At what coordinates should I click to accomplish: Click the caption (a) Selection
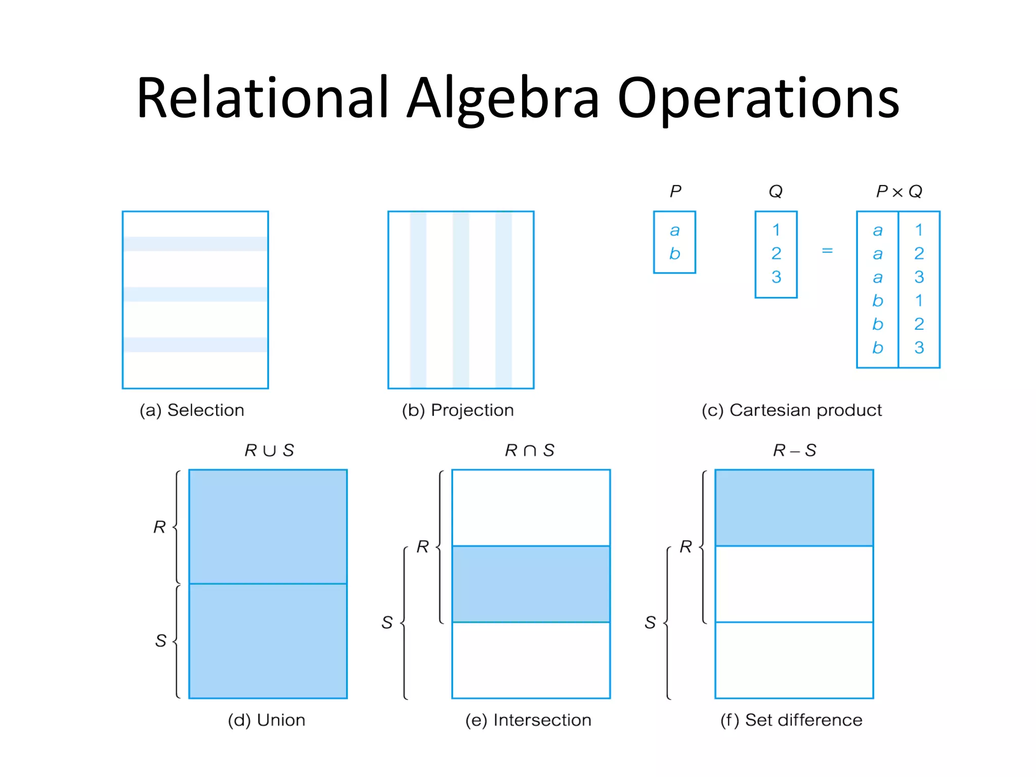192,410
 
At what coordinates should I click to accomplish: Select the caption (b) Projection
458,410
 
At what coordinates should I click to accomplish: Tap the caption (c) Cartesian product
791,410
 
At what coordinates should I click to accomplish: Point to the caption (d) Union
267,720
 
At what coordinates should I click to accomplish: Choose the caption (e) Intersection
528,720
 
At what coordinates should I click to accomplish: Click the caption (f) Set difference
791,720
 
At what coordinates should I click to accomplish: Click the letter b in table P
674,253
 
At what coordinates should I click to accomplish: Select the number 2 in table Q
776,253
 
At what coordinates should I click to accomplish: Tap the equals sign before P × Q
827,250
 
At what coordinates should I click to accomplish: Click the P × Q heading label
899,192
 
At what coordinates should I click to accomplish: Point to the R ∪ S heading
269,450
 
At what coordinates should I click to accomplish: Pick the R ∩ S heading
530,450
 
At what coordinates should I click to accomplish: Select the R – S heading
794,450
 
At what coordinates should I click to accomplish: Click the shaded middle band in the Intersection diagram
531,584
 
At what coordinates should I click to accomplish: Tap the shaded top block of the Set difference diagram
794,508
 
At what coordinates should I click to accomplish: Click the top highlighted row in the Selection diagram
195,244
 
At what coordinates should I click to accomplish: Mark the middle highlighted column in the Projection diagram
461,300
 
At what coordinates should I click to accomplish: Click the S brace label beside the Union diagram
161,641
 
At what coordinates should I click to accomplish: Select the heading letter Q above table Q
775,192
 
